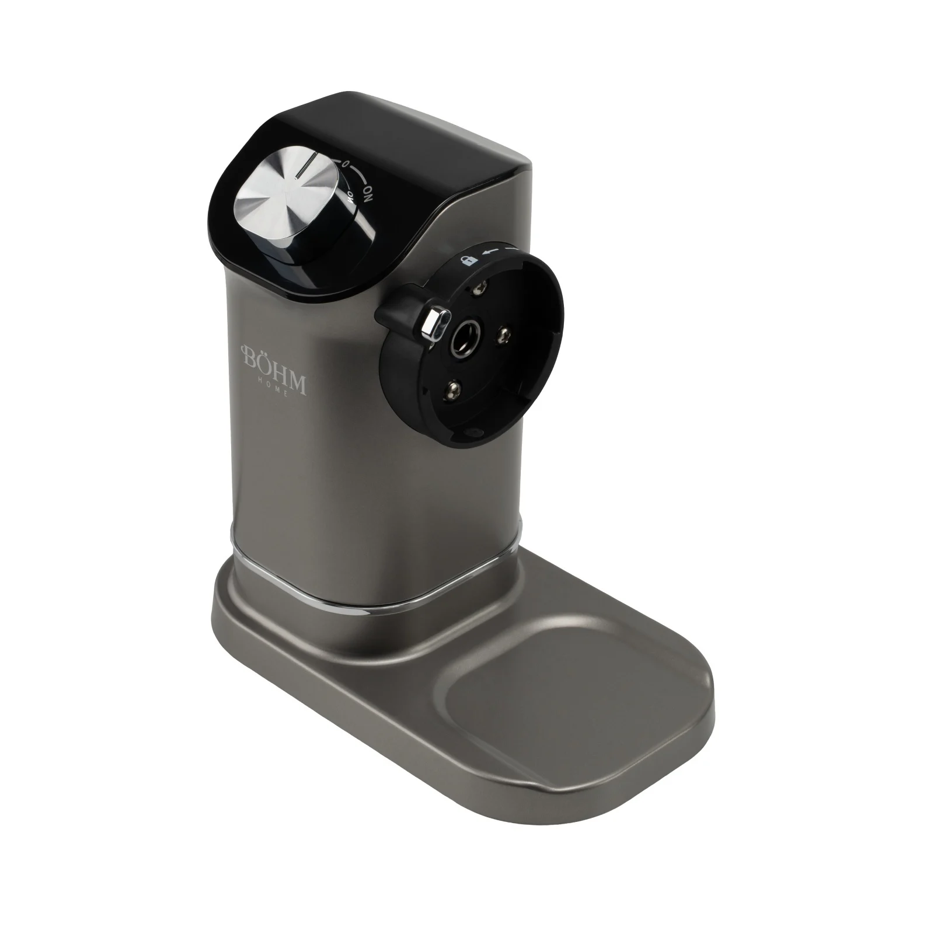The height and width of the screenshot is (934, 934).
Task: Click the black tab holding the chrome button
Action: tap(403, 309)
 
